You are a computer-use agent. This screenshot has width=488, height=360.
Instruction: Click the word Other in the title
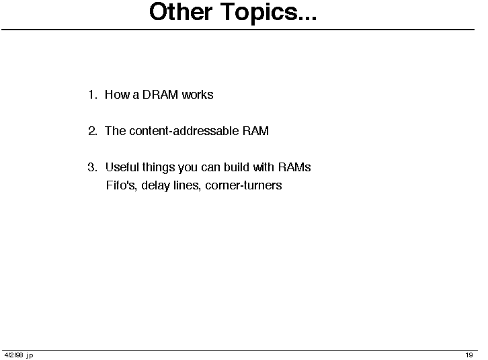coord(181,12)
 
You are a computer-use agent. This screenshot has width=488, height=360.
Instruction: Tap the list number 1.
coord(93,95)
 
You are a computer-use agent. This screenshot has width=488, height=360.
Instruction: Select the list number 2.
coord(93,131)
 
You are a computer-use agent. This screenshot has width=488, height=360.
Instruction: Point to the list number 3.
coord(93,167)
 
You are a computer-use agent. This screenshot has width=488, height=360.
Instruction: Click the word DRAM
coord(160,95)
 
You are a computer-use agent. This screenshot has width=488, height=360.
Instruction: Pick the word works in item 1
coord(198,95)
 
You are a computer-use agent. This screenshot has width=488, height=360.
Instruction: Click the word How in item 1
coord(118,95)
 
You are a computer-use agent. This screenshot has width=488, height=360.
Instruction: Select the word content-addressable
coord(184,131)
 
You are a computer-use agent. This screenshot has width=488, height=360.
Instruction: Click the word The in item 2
coord(115,131)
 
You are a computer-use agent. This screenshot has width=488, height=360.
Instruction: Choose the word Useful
coord(122,167)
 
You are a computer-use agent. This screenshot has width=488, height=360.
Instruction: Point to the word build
coord(237,167)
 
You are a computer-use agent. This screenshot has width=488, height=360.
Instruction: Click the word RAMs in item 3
coord(294,167)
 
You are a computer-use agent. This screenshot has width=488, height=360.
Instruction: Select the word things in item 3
coord(159,168)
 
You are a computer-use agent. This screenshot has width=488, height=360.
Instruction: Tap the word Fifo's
coord(122,185)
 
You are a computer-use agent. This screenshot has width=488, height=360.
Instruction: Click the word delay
coord(155,186)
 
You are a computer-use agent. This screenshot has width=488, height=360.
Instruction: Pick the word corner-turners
coord(243,185)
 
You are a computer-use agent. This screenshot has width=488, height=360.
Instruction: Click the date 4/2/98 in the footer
coord(14,355)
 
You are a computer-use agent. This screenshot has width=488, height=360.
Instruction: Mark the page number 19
coord(469,355)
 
